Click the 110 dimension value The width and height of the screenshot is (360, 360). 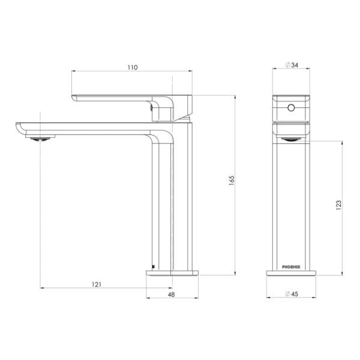(x=133, y=68)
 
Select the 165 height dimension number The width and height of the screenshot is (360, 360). (x=232, y=182)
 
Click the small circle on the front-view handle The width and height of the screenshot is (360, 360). (x=292, y=109)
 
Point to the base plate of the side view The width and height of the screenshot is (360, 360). (x=173, y=274)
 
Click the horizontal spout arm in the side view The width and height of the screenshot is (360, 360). (x=90, y=128)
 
